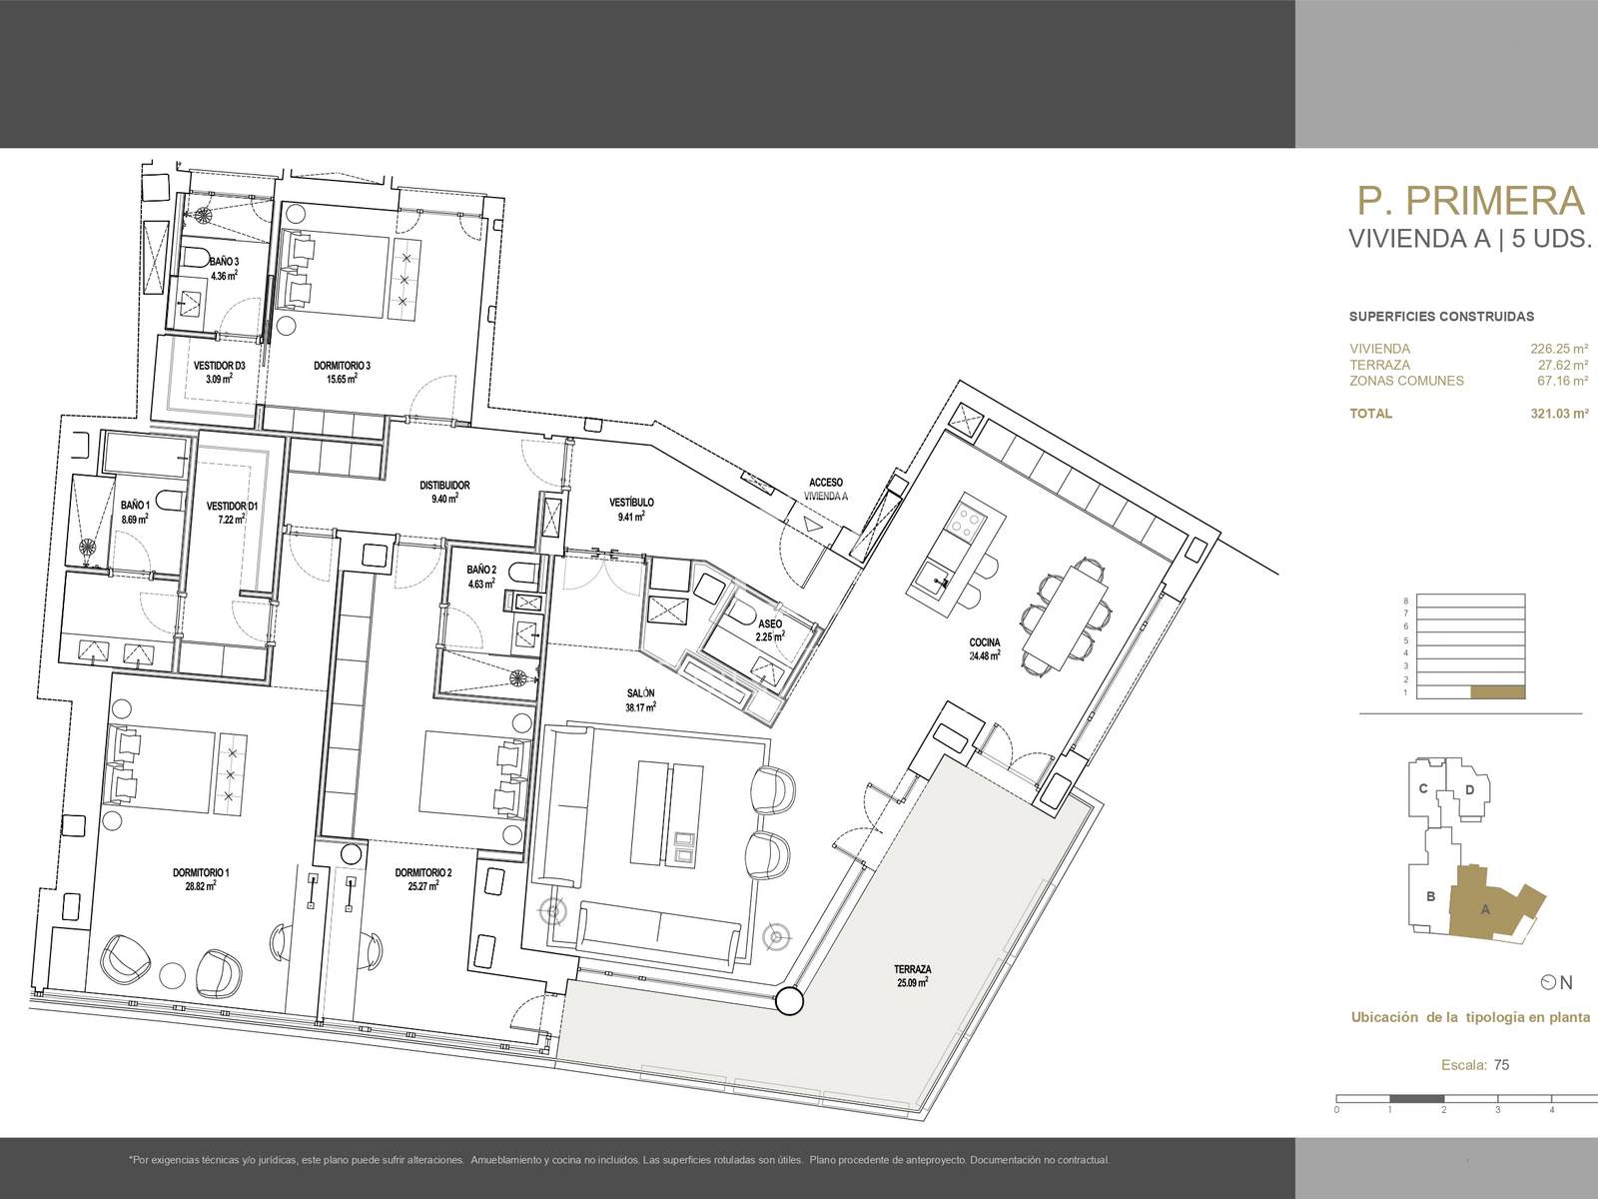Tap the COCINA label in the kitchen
point(985,642)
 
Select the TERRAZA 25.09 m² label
point(912,975)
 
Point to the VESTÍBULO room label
point(631,503)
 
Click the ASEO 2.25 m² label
point(770,629)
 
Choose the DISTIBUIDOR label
point(444,485)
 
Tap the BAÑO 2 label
point(481,570)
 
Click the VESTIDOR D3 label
point(219,366)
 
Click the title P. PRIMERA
point(1470,200)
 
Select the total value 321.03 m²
point(1559,414)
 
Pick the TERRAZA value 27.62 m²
point(1563,365)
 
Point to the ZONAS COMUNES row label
point(1406,381)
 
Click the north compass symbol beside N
point(1548,983)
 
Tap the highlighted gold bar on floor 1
point(1497,692)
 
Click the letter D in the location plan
point(1469,790)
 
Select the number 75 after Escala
point(1501,1065)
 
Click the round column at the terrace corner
point(788,1002)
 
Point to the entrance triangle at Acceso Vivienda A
point(812,524)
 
